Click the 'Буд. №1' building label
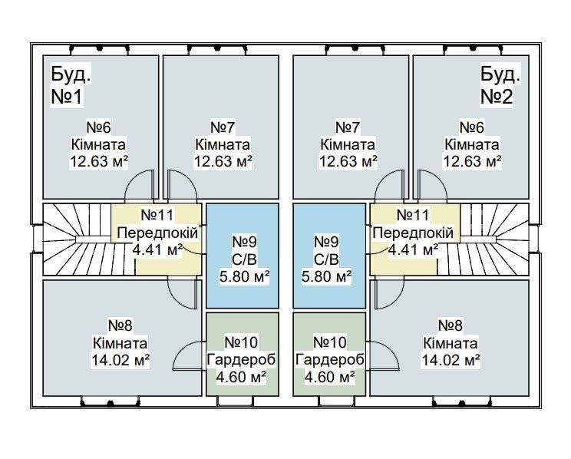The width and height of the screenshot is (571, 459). (71, 85)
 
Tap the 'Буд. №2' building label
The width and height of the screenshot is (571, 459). (500, 85)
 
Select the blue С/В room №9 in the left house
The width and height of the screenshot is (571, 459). (243, 256)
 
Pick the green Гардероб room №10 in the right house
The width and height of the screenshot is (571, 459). (329, 354)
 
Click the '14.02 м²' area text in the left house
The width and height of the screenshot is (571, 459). (120, 360)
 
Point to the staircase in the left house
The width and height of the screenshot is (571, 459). (78, 239)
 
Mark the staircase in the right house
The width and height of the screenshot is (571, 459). (494, 239)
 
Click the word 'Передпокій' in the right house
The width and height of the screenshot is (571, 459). (413, 233)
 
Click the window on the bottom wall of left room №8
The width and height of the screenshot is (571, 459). (111, 402)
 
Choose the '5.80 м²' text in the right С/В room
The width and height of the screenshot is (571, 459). (327, 276)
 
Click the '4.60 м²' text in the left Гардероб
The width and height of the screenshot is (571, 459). (240, 376)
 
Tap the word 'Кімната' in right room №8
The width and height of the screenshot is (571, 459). (451, 343)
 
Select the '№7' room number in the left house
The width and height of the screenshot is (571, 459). (223, 127)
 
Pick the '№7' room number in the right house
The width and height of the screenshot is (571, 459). (348, 127)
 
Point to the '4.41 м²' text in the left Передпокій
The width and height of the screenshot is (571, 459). (157, 250)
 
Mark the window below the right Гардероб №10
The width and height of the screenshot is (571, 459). (329, 401)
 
